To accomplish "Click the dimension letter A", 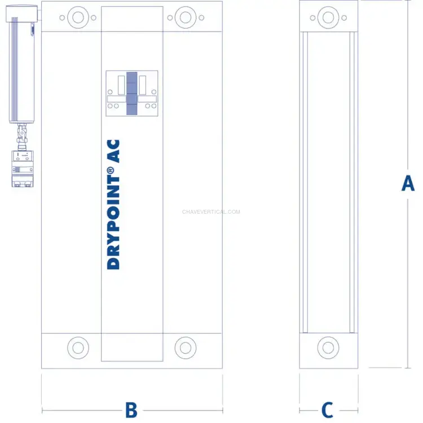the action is point(408,183).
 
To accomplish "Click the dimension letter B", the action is point(131,410).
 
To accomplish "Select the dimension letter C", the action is point(328,410).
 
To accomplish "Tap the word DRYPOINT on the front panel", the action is point(113,223).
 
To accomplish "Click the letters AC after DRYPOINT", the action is point(113,151).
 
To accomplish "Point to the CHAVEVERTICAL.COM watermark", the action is point(211,211).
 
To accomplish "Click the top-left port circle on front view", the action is point(78,17).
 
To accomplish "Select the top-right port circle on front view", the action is point(186,17).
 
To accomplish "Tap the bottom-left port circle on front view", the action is point(78,348).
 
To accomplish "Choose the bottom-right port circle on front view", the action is point(186,348).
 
